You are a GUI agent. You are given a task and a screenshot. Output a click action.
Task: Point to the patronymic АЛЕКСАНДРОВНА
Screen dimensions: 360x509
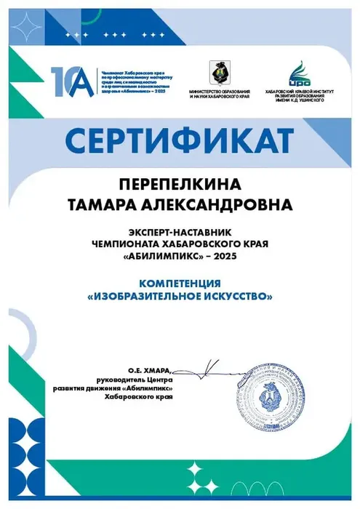pos(218,205)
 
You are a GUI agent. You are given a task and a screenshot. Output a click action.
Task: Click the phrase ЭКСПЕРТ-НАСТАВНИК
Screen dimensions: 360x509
pos(180,232)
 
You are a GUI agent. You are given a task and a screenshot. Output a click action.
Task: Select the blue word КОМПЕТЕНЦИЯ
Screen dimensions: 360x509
pos(180,283)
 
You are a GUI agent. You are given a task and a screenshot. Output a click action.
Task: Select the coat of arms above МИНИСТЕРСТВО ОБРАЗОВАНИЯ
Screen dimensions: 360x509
pos(217,72)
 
